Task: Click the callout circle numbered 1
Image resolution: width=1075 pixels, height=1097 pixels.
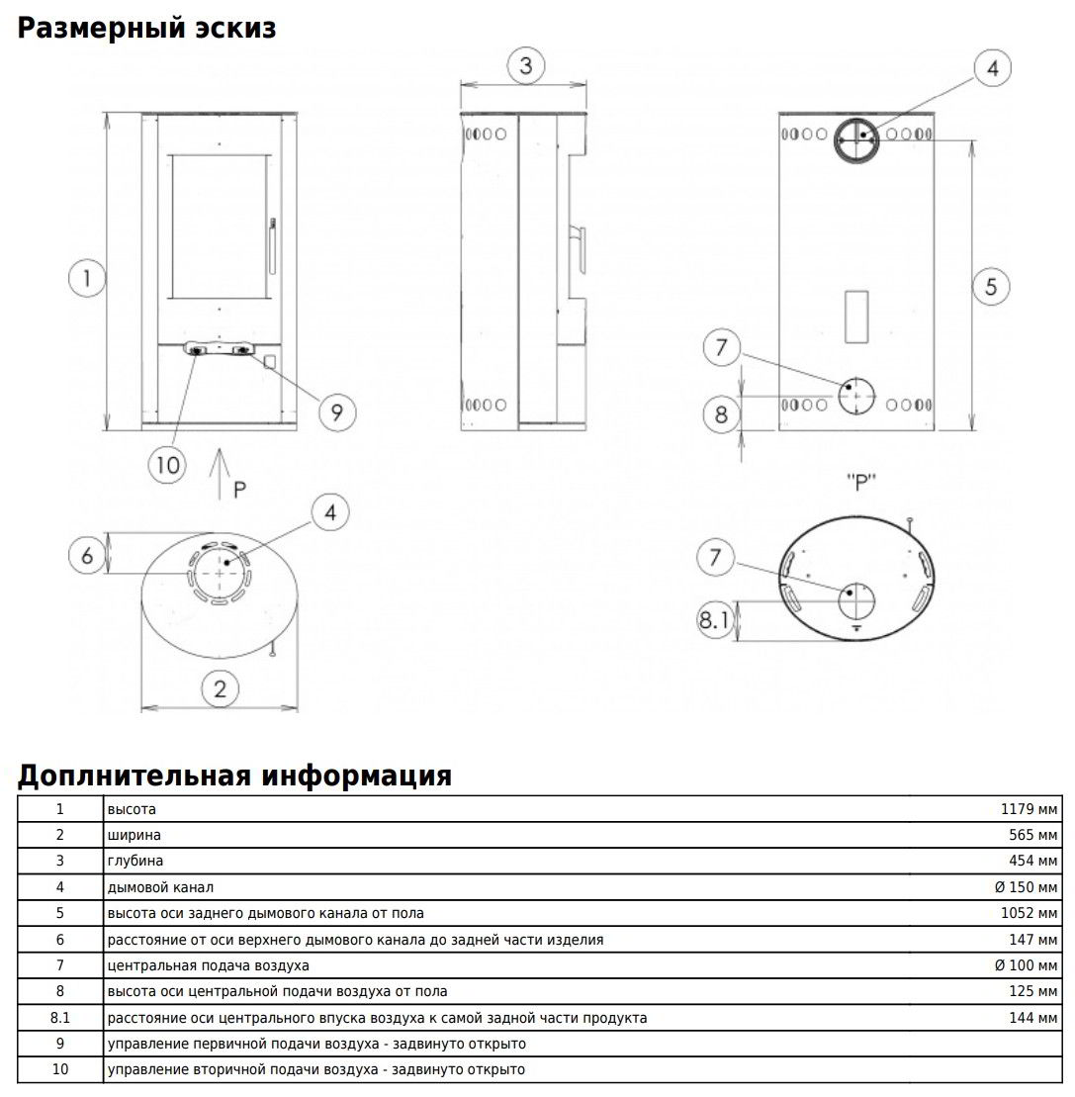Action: (87, 278)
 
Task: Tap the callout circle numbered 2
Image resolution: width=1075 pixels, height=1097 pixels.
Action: (221, 688)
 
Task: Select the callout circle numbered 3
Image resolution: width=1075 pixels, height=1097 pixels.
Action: (526, 66)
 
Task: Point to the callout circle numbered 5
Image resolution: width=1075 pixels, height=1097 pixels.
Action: (991, 286)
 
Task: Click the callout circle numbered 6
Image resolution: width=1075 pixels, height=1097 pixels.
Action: (87, 556)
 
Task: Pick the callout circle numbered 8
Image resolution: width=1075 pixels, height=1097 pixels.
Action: (721, 414)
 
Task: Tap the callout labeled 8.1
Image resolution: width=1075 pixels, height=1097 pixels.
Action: (714, 621)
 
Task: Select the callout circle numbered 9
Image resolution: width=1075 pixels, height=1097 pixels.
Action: (336, 412)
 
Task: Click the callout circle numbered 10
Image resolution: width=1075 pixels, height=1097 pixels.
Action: (169, 464)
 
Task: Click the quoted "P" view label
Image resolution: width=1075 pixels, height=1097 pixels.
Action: (861, 483)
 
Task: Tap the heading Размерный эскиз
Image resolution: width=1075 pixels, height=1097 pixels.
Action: (146, 29)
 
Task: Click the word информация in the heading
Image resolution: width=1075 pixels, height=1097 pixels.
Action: (356, 776)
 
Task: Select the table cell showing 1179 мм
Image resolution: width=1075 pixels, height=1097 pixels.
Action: (1029, 809)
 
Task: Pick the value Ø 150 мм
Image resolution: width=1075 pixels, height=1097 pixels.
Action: (1026, 887)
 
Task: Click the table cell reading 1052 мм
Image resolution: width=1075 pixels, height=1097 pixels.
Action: (1029, 913)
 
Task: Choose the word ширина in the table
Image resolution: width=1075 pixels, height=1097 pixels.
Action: (134, 835)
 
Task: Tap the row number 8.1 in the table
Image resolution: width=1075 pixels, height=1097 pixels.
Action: (60, 1017)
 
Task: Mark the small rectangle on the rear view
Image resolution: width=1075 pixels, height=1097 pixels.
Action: (856, 318)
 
